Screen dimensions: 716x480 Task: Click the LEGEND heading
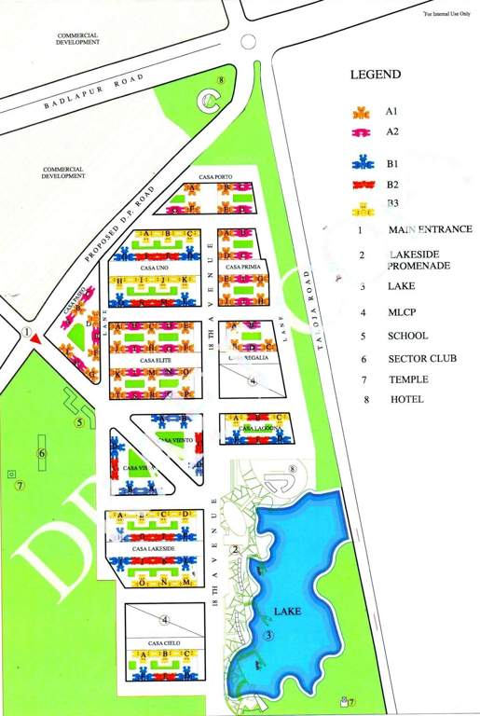click(376, 75)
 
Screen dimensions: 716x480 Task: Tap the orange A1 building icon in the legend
click(359, 113)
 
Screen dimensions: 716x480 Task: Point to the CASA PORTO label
click(215, 176)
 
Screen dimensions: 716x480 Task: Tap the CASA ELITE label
click(154, 359)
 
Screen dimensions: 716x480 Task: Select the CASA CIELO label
click(162, 642)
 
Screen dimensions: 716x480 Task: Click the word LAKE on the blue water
click(286, 613)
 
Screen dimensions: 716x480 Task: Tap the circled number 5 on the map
click(79, 422)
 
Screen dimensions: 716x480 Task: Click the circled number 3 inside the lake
click(268, 636)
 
